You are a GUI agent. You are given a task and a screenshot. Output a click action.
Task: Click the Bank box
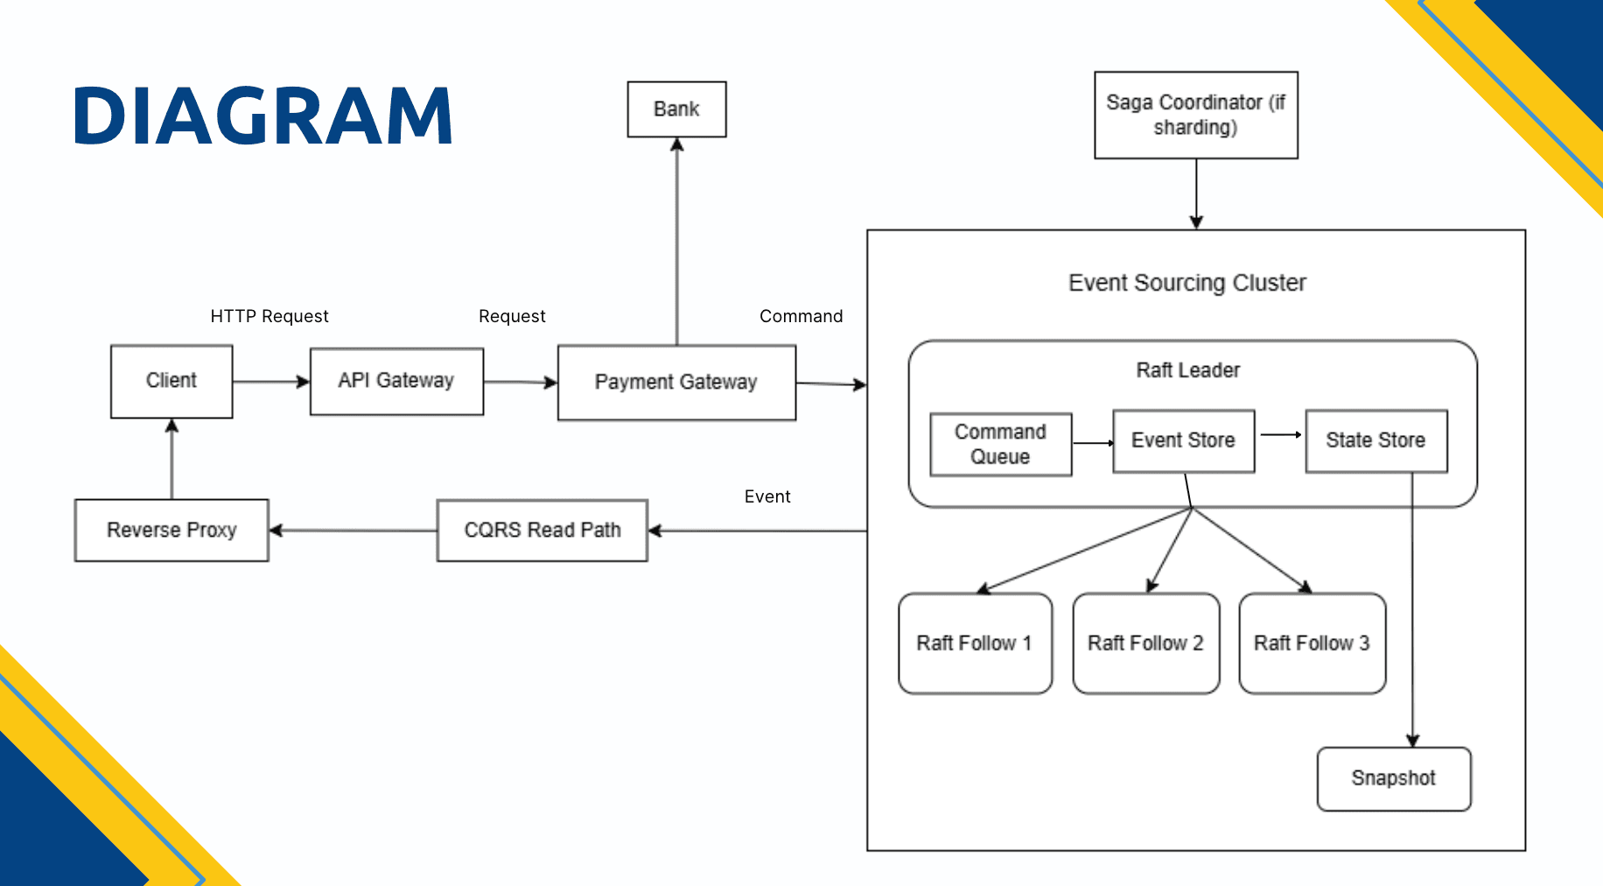(x=676, y=109)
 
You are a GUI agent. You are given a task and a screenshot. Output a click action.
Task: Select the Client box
(x=171, y=381)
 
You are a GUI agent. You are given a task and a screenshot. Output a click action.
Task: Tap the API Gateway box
(x=396, y=381)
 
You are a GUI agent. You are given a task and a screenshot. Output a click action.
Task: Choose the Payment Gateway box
(x=676, y=383)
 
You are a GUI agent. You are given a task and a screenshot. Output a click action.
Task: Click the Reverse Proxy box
(x=171, y=531)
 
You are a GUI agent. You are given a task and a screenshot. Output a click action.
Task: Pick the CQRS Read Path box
(x=542, y=531)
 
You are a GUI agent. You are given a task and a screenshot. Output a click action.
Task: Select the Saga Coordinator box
(x=1195, y=115)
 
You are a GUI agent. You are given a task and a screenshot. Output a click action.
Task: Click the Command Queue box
(x=1000, y=444)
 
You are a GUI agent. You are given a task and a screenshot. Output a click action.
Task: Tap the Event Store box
(x=1183, y=440)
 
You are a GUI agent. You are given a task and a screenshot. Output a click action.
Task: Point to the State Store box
(x=1375, y=440)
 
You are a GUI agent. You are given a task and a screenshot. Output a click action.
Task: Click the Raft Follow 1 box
(x=975, y=643)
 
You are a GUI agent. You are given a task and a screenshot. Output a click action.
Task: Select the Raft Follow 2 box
(x=1145, y=643)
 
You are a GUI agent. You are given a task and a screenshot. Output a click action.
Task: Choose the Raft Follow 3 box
(x=1312, y=643)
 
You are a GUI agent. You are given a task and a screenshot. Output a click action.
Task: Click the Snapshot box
(x=1393, y=778)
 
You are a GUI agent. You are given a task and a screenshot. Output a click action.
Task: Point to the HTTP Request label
(x=269, y=316)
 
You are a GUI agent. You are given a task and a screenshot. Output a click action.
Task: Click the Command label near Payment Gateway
(x=801, y=316)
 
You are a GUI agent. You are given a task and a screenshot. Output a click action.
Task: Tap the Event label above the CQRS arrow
(x=767, y=496)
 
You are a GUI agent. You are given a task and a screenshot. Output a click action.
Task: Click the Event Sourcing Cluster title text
(x=1186, y=283)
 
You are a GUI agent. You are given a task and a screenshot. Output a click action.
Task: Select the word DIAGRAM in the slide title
(x=262, y=116)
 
